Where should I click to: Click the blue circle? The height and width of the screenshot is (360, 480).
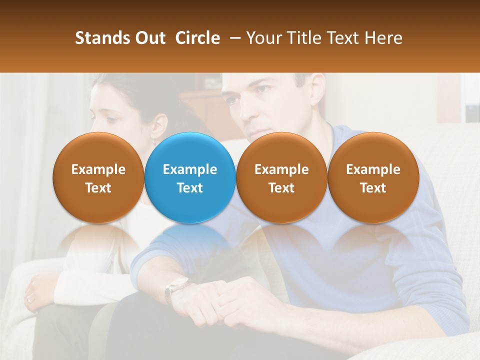[190, 178]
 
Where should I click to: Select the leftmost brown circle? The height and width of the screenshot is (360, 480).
[98, 178]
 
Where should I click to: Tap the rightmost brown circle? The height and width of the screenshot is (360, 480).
[373, 178]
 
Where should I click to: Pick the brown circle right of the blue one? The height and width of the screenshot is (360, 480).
[281, 178]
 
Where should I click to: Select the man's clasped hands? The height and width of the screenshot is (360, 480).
[220, 300]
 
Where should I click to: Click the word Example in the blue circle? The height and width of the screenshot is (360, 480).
[190, 169]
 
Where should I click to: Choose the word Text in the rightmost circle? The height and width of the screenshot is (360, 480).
[373, 187]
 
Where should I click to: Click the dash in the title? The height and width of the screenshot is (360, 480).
[233, 38]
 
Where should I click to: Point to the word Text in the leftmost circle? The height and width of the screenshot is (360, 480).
[98, 187]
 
